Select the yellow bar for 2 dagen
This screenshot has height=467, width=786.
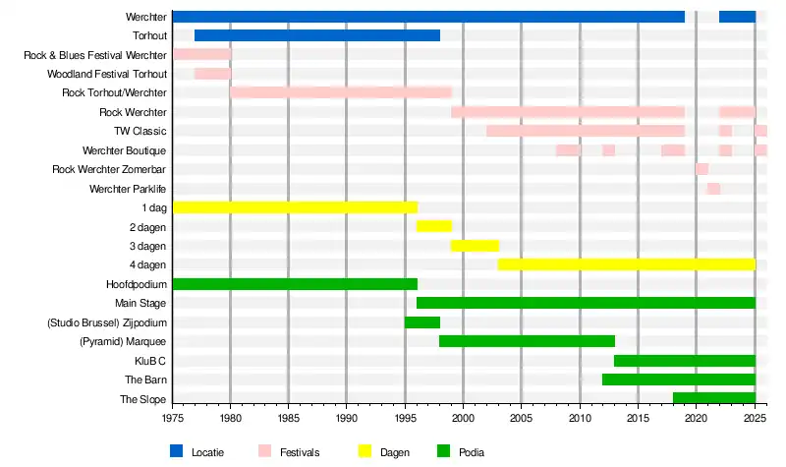(x=433, y=226)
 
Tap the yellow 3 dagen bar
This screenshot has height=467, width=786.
(x=475, y=246)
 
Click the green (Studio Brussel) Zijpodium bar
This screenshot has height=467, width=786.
(x=421, y=322)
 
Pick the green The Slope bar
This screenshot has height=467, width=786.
(x=713, y=399)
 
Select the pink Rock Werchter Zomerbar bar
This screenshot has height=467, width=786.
(x=702, y=169)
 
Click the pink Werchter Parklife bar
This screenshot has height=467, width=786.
(x=713, y=189)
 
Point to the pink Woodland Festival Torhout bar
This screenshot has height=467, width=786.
(x=212, y=74)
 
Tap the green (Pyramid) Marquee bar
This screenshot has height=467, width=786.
(x=527, y=341)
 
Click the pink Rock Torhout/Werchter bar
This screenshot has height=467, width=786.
(x=341, y=92)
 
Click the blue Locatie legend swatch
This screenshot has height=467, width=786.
(x=177, y=451)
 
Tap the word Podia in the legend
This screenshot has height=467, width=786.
(x=472, y=452)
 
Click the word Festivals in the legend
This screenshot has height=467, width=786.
(x=299, y=452)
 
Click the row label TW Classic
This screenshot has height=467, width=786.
(x=140, y=131)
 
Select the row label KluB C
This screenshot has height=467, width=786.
(x=149, y=361)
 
